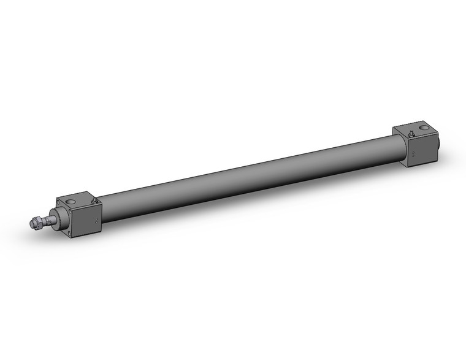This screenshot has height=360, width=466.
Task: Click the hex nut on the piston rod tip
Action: (38, 221)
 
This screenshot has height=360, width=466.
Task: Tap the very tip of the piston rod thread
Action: (31, 224)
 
